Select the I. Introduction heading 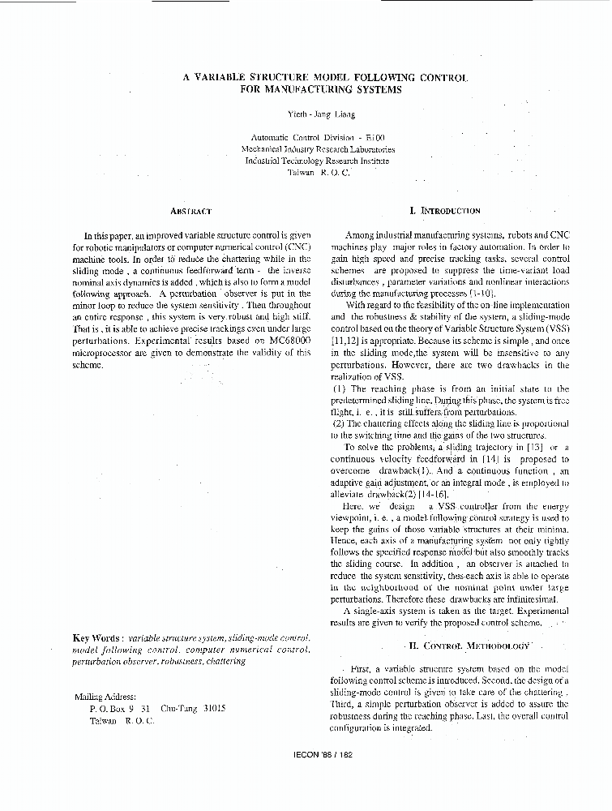click(x=445, y=210)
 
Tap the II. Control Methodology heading click(x=468, y=646)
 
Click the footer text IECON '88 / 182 click(x=323, y=754)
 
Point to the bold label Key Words click(x=98, y=637)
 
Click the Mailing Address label click(x=105, y=697)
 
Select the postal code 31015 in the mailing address click(x=214, y=708)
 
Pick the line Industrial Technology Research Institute click(x=317, y=161)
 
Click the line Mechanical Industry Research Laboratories click(x=318, y=149)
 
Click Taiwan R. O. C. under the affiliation click(x=318, y=173)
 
